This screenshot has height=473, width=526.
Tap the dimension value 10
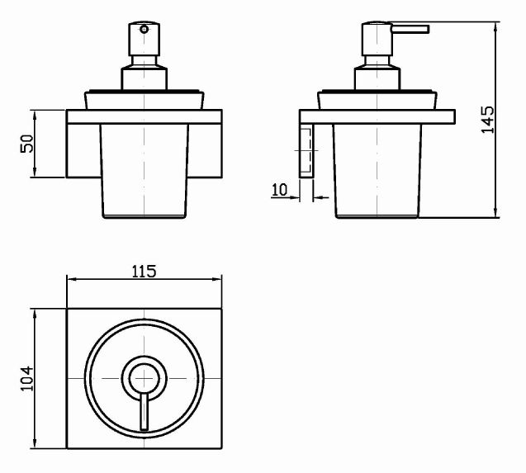tap(278, 190)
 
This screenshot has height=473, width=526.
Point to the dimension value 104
tap(26, 380)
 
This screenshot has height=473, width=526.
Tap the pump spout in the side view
tap(410, 31)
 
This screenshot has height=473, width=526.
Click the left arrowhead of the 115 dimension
tap(69, 279)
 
